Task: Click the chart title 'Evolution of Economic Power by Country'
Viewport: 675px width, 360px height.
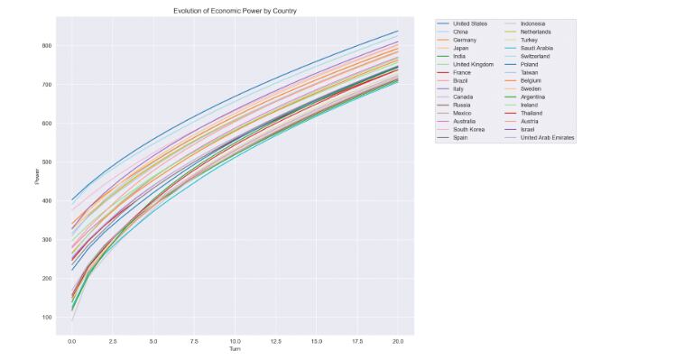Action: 235,11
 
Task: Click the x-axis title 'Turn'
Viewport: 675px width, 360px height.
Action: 235,349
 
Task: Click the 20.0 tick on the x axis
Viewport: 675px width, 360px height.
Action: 398,341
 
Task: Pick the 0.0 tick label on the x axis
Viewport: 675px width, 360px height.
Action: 71,341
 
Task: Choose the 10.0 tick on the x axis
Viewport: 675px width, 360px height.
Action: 235,341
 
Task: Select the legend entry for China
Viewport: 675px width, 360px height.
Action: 461,32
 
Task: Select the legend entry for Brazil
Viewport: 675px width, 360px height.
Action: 460,81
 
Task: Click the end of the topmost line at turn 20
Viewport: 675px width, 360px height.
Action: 398,31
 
